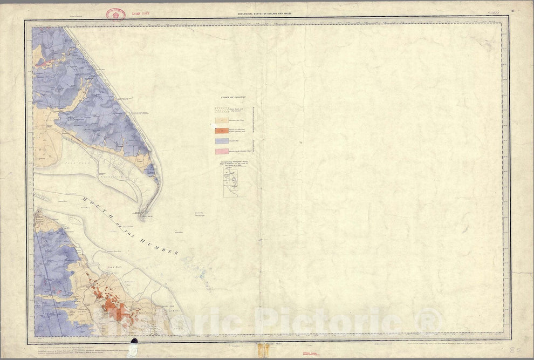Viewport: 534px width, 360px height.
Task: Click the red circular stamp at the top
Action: click(x=115, y=15)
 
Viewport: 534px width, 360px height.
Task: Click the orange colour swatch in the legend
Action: click(x=222, y=131)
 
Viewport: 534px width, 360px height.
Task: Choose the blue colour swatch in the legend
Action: click(x=222, y=141)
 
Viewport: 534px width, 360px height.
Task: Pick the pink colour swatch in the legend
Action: click(x=222, y=151)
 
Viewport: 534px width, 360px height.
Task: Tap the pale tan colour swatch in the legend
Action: click(x=222, y=121)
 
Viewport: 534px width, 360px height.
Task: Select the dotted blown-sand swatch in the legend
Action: click(x=222, y=110)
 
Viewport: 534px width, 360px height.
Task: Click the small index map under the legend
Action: click(x=234, y=181)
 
